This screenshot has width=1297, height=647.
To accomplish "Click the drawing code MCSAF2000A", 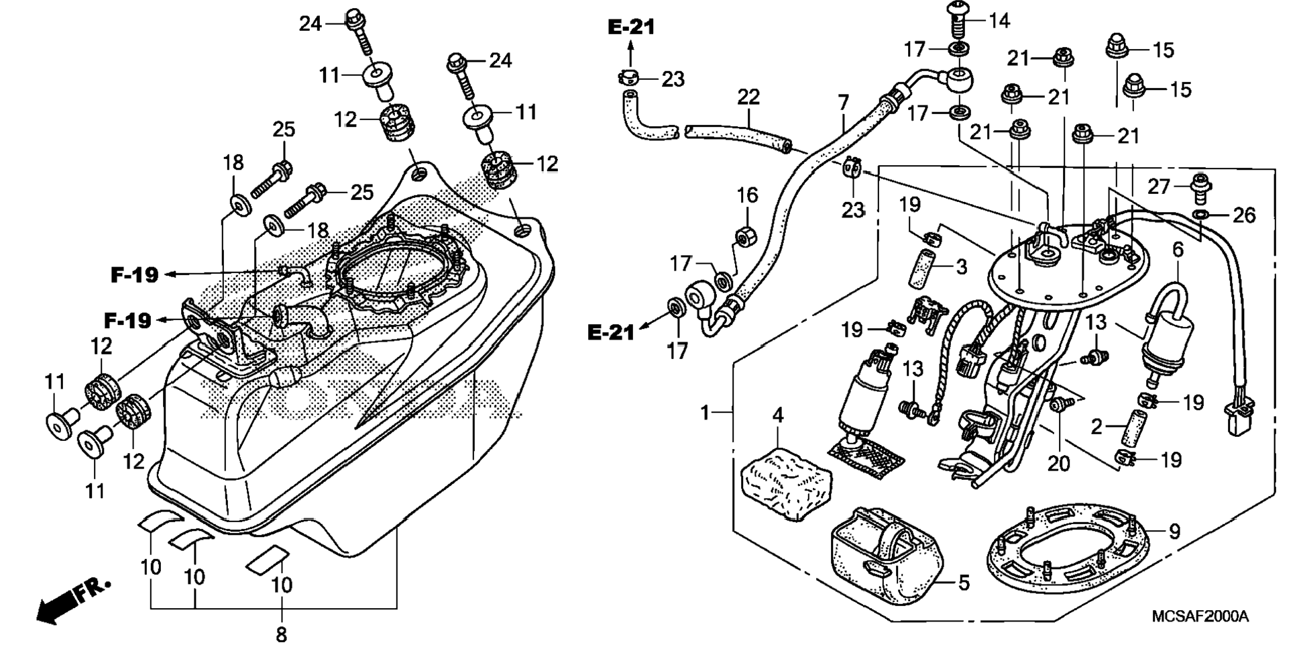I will (1200, 617).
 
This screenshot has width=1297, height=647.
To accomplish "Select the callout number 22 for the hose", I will (748, 97).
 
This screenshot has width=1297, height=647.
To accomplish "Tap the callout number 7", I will (843, 103).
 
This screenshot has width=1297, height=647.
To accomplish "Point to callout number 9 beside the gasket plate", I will (1174, 532).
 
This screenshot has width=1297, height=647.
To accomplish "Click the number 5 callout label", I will (964, 583).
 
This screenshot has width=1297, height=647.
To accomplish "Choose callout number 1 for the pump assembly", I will (705, 412).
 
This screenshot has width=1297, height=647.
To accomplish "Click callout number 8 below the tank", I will (281, 634).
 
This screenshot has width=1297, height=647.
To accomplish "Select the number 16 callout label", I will (747, 195).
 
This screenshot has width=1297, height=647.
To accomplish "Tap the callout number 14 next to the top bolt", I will (999, 21).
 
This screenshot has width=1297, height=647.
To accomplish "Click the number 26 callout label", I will (1244, 215).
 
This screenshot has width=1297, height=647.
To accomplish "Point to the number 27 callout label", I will (1158, 187).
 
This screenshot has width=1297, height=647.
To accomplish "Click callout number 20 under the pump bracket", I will (1058, 463).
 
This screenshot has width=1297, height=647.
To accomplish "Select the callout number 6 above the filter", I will (1178, 250).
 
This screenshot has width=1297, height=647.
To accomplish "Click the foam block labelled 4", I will (785, 484).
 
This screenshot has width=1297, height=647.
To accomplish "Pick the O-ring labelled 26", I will (1200, 215).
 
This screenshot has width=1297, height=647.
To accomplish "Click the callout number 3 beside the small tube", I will (961, 267).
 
